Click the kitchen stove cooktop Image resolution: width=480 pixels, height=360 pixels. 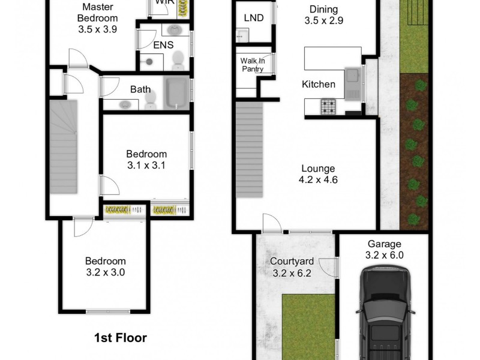point(328,107)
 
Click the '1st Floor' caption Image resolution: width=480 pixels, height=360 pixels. point(120,338)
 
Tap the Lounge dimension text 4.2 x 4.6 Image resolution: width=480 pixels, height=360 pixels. point(319,179)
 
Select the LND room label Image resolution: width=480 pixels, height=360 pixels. point(254,17)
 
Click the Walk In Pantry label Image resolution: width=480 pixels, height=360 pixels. point(253,65)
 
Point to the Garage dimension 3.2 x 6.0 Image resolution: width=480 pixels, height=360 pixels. point(385,254)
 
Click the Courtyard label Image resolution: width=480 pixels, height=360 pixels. point(292,261)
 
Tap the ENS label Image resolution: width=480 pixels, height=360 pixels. point(163,45)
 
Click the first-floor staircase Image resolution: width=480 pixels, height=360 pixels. point(64,146)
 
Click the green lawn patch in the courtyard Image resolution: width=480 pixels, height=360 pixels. point(307,324)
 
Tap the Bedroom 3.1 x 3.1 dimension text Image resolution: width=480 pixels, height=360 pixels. point(146,164)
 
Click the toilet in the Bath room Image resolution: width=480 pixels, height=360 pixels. point(150,100)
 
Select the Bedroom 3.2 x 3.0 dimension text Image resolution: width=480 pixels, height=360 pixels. point(105,272)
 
